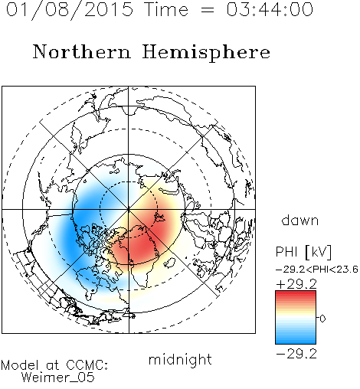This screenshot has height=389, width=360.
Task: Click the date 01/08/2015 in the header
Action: (x=70, y=10)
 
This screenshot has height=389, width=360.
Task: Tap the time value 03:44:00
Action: (x=270, y=10)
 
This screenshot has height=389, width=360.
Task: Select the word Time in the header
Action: (x=166, y=10)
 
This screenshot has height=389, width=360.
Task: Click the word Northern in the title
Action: (x=82, y=51)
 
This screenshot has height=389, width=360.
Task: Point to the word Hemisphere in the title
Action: (x=206, y=53)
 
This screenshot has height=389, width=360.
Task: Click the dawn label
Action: (x=300, y=220)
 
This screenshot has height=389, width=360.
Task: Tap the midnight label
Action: (x=180, y=359)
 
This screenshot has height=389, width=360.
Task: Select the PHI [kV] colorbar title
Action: (x=304, y=252)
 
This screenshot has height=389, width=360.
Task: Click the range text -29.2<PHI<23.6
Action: (x=317, y=270)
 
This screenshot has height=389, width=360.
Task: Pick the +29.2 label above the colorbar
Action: (x=296, y=284)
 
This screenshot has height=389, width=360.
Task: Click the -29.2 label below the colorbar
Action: (x=296, y=354)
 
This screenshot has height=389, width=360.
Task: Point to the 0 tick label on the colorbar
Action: (x=322, y=319)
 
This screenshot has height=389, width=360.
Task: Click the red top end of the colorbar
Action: (x=296, y=293)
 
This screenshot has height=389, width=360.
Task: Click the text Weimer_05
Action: (x=58, y=378)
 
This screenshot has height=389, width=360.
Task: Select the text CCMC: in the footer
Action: (x=87, y=365)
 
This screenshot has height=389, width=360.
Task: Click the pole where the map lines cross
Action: (x=129, y=209)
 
